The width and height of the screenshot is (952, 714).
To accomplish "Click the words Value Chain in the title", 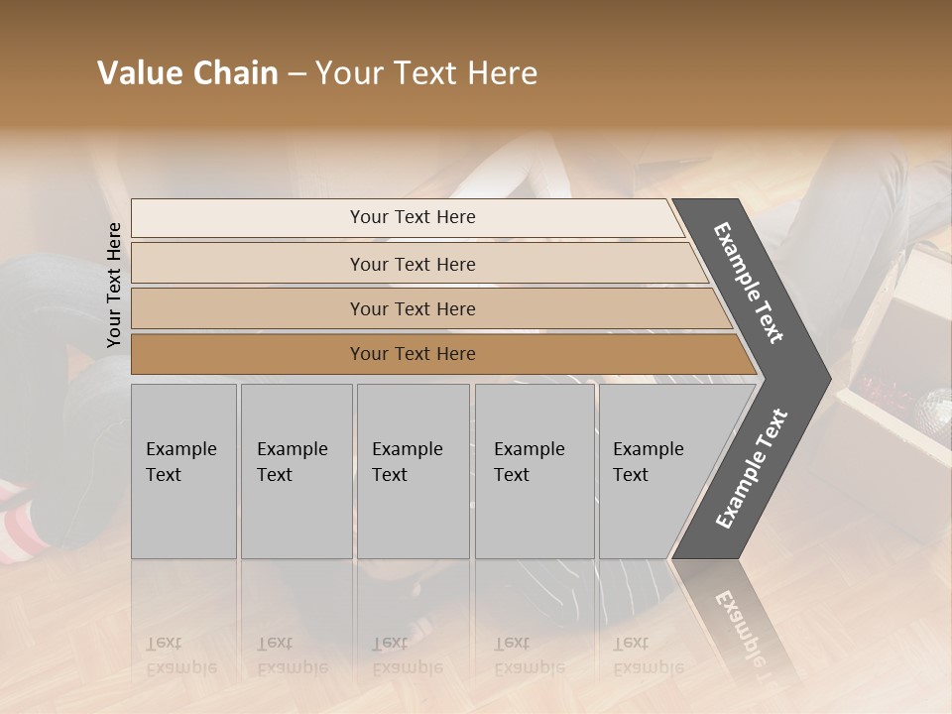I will pyautogui.click(x=187, y=73).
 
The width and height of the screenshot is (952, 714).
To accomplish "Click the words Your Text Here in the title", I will pyautogui.click(x=426, y=73).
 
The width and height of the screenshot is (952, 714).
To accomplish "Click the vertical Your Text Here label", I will pyautogui.click(x=114, y=285).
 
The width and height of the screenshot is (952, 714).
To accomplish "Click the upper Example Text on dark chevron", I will pyautogui.click(x=749, y=283).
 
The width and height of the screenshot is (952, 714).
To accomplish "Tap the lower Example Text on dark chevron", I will pyautogui.click(x=752, y=469).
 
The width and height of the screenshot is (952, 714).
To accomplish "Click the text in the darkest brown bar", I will pyautogui.click(x=413, y=354).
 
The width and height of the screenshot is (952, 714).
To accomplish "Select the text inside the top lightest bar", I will pyautogui.click(x=413, y=217).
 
